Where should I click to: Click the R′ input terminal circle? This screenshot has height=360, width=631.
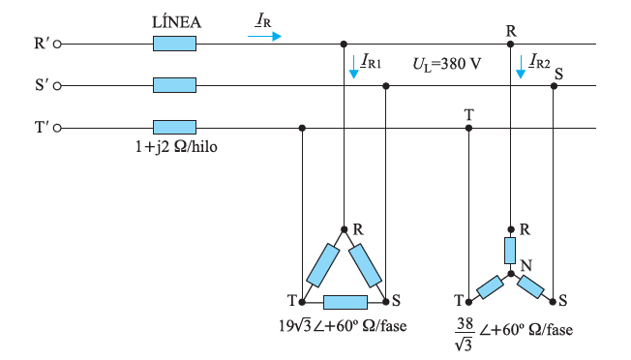pos(57,44)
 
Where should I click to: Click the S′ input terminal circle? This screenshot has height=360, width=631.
pos(57,86)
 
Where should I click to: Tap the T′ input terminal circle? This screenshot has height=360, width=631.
pos(57,128)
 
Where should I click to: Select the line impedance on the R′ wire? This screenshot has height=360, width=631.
pos(174,44)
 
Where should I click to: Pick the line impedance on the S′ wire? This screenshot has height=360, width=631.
pos(174,86)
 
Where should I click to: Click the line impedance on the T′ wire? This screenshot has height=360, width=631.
pos(174,128)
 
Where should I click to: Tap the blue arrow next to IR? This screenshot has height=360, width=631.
pos(264,36)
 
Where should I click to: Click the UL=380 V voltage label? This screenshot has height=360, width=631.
pos(446,63)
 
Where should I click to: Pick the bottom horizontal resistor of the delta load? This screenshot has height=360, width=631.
pos(345,301)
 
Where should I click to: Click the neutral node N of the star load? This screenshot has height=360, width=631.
pos(510,274)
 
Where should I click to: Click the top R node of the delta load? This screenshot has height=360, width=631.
pos(344,229)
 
